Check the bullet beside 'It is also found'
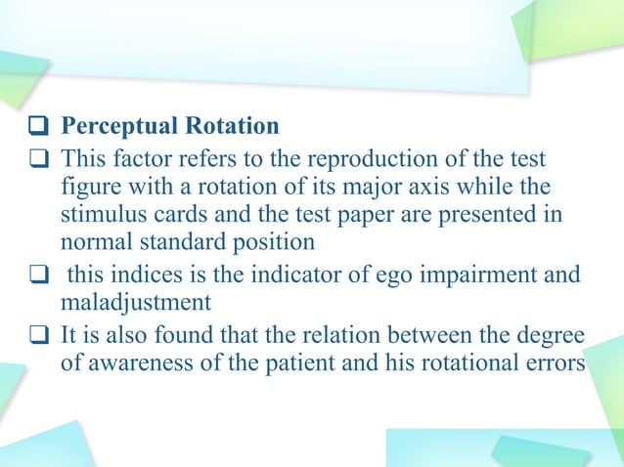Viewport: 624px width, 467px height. click(39, 337)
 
